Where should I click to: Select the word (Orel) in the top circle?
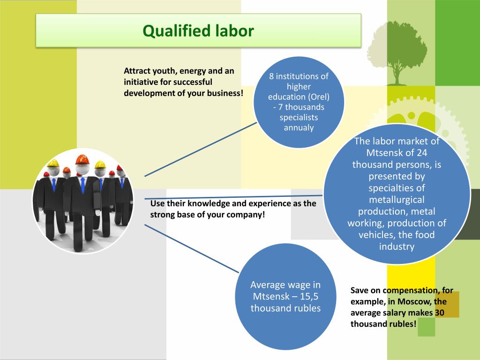319,97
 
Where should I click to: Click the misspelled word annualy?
299,127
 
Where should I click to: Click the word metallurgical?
397,200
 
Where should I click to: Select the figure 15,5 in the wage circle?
308,296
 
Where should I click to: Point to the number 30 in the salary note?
439,312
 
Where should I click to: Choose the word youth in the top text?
162,71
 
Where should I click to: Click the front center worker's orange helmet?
82,159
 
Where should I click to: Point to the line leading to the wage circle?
192,248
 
